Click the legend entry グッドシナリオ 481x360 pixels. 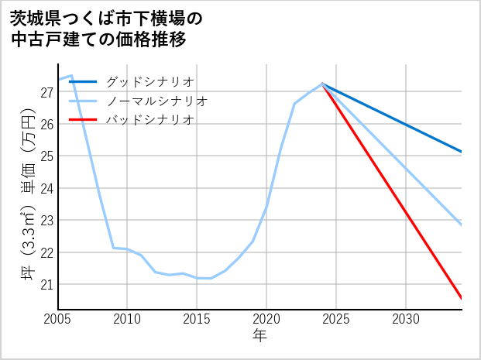pyautogui.click(x=149, y=81)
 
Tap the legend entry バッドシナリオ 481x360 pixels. pyautogui.click(x=149, y=120)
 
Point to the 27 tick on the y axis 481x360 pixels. pyautogui.click(x=46, y=92)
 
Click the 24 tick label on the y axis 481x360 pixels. pyautogui.click(x=46, y=188)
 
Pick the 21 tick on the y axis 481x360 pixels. pyautogui.click(x=46, y=284)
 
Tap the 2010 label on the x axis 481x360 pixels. pyautogui.click(x=127, y=319)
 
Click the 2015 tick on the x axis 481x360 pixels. pyautogui.click(x=197, y=319)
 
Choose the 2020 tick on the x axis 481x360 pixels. pyautogui.click(x=266, y=319)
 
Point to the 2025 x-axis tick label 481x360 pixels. pyautogui.click(x=336, y=319)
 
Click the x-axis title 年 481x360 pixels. pyautogui.click(x=259, y=336)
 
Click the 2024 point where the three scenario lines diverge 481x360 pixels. pyautogui.click(x=322, y=84)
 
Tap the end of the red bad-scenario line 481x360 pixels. pyautogui.click(x=461, y=298)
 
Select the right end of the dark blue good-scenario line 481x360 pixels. pyautogui.click(x=461, y=151)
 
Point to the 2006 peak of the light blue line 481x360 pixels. pyautogui.click(x=71, y=75)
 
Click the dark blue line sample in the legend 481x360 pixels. pyautogui.click(x=84, y=81)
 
